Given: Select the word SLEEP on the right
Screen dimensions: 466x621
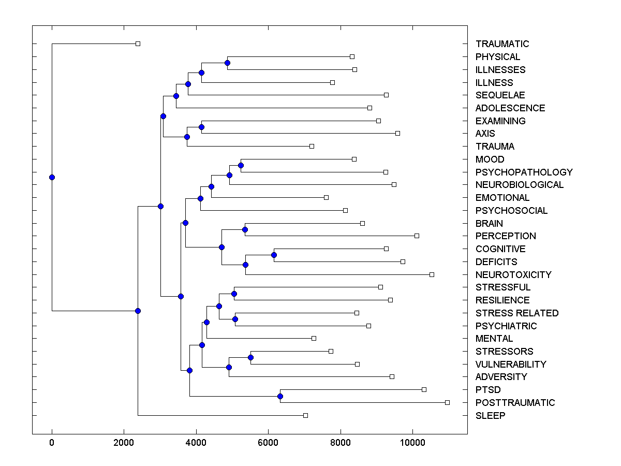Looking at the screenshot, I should tap(490, 416).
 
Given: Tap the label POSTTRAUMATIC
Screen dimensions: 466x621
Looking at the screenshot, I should tap(515, 403).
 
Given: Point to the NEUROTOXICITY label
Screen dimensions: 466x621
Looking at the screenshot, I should tap(513, 275).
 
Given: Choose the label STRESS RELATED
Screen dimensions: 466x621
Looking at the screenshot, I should tap(517, 313).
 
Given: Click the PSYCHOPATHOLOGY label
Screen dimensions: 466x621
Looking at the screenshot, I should tap(524, 172).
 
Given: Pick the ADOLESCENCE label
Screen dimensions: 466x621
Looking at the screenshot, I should tap(510, 108).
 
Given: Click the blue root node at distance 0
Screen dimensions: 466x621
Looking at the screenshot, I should tap(52, 177).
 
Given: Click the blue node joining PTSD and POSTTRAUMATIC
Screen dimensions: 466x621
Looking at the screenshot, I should tap(280, 397).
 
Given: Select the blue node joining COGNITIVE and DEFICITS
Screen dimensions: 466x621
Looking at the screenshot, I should tap(274, 255).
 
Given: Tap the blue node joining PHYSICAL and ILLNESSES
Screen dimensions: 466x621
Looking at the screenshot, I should tap(227, 63).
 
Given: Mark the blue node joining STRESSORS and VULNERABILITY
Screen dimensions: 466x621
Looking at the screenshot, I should tap(250, 357).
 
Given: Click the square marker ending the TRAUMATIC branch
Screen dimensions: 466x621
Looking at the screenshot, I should tap(138, 43).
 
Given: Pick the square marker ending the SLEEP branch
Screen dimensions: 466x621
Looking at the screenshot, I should tap(305, 415).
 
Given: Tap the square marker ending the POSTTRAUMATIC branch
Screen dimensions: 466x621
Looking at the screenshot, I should tap(447, 402).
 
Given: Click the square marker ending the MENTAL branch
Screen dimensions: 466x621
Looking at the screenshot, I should tap(314, 338).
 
